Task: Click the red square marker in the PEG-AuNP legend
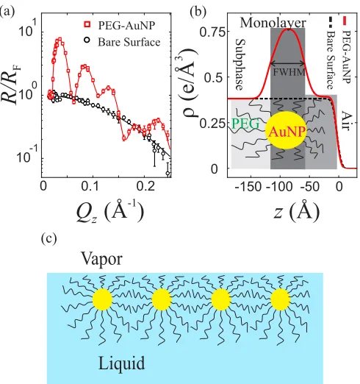coord(87,24)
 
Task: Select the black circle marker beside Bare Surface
coord(87,40)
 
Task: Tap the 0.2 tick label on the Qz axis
coord(145,186)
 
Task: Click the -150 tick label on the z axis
coord(248,187)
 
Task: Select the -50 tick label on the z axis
coord(310,187)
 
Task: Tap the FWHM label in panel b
coord(289,72)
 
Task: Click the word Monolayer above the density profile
coord(273,23)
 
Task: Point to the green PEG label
coord(245,124)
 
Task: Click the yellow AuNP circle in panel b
coord(286,130)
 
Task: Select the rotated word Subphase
coord(240,65)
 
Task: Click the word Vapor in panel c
coord(101,259)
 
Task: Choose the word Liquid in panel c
coord(121,363)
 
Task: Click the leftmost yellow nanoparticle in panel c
coord(102,299)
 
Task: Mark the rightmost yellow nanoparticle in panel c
coord(281,299)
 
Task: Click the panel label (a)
coord(7,12)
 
